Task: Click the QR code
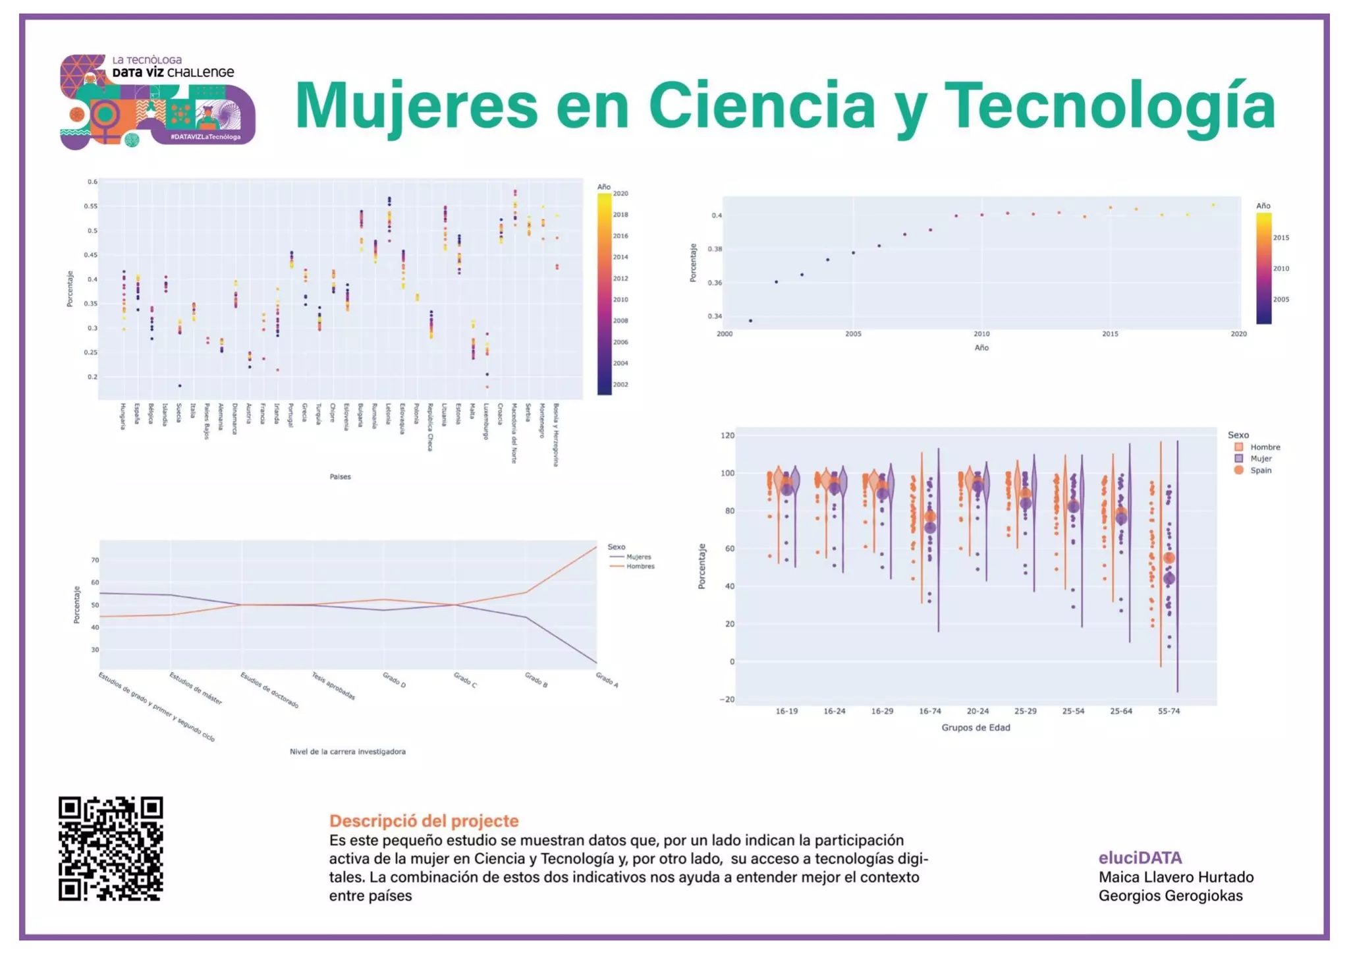coord(111,849)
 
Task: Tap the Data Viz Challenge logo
coord(157,101)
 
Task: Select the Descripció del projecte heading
coord(424,821)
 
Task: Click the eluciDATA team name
coord(1140,858)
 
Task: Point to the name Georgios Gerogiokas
coord(1170,896)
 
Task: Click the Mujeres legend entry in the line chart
coord(638,557)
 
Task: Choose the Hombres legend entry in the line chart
coord(640,567)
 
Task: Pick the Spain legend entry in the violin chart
coord(1260,470)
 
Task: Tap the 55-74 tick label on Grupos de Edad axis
coord(1169,712)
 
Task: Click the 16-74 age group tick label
coord(929,712)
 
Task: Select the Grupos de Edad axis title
coord(975,727)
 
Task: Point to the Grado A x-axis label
coord(607,680)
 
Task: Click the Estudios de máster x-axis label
coord(196,688)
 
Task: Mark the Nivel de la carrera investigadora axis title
coord(347,752)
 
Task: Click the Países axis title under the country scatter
coord(340,476)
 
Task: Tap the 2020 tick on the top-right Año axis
coord(1238,334)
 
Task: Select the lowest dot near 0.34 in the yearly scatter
coord(750,321)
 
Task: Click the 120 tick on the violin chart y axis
coord(727,435)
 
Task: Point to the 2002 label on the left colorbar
coord(620,385)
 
